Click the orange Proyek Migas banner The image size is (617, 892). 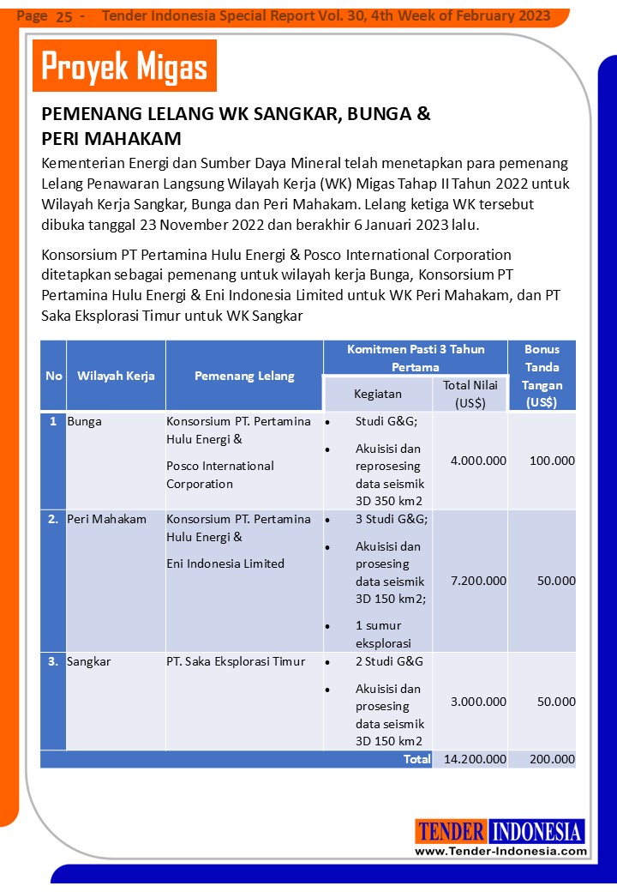[124, 66]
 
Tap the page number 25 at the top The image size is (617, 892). [64, 16]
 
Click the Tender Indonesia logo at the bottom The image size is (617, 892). [500, 831]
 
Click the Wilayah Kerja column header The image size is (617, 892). [116, 376]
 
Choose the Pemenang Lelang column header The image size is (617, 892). [244, 376]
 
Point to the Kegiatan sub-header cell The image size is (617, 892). [378, 394]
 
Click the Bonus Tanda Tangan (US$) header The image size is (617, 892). [542, 376]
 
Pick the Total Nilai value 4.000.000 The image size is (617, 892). [478, 461]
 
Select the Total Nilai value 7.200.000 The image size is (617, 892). [478, 581]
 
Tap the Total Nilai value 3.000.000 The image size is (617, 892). [478, 702]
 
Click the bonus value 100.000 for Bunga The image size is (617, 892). [552, 461]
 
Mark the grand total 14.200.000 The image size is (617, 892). [473, 759]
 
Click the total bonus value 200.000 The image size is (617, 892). [552, 759]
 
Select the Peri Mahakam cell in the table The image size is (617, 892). [107, 519]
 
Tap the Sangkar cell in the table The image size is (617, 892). [89, 661]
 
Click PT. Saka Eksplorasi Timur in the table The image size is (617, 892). [236, 661]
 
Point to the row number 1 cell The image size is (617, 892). [53, 421]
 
